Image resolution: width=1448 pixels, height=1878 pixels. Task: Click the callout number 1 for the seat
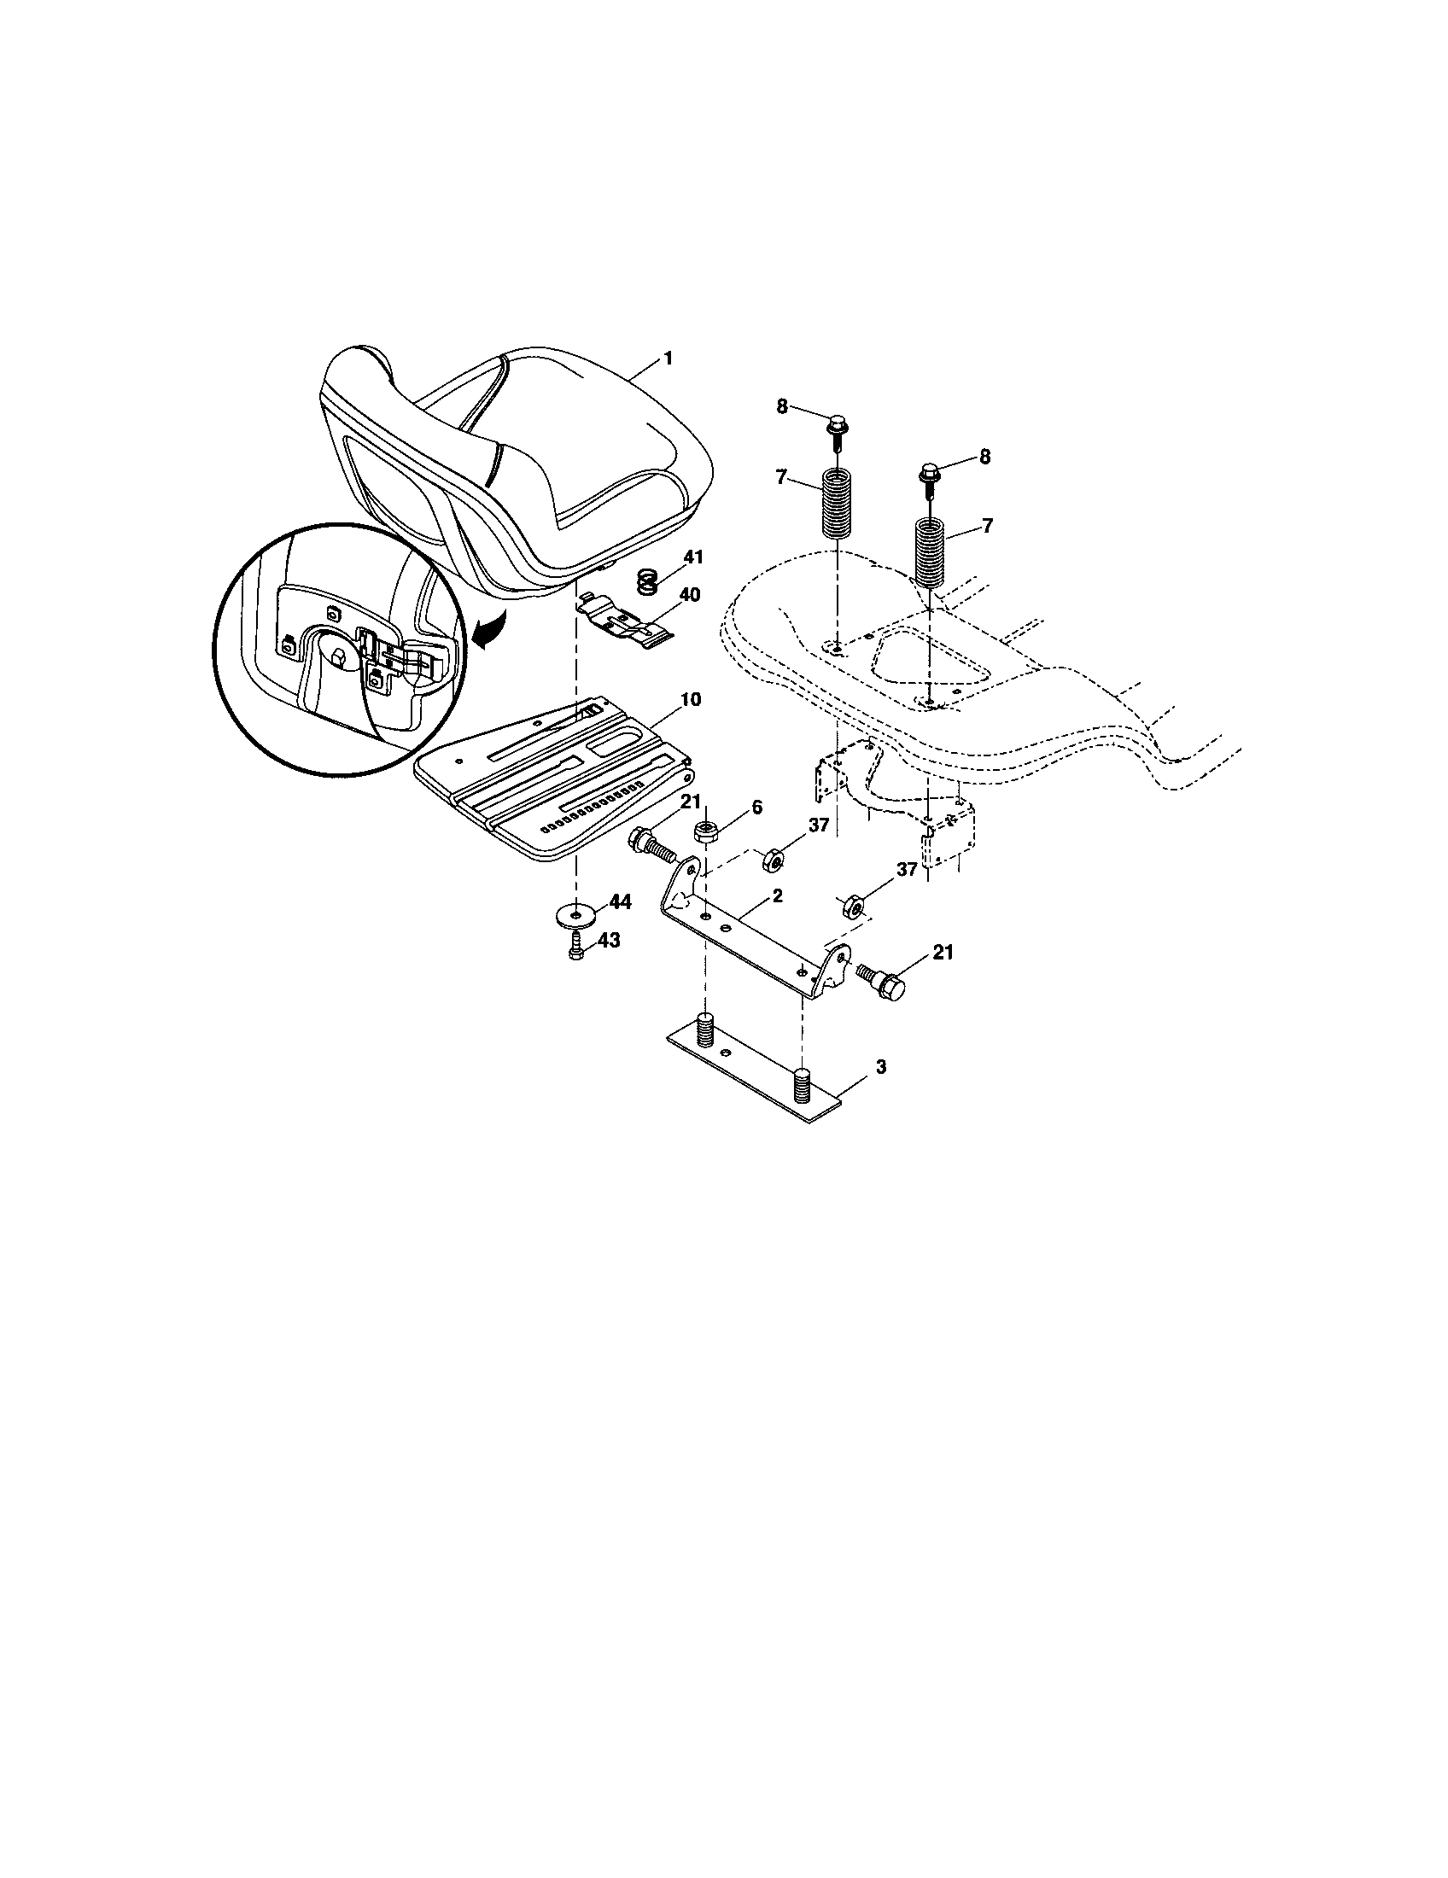point(668,358)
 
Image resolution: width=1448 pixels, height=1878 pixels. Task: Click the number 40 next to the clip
point(690,594)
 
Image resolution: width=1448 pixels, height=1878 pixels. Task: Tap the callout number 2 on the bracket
point(777,896)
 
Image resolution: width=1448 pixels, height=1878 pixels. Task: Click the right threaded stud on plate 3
point(803,1080)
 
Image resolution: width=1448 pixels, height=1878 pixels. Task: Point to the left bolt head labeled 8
point(835,425)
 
